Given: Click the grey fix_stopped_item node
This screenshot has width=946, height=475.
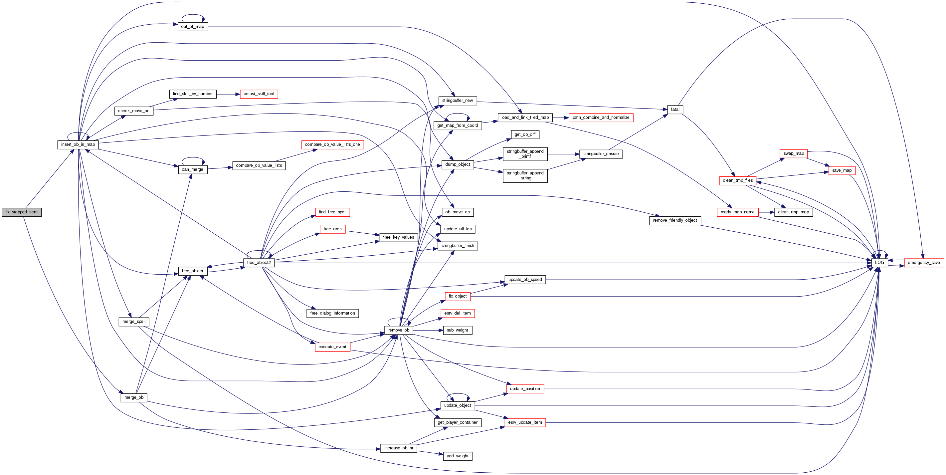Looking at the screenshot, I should (22, 212).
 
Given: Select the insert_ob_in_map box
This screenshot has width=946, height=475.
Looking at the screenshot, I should (78, 144).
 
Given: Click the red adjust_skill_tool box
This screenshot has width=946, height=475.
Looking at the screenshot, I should (259, 94).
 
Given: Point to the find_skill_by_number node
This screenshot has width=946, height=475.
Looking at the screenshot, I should (193, 94).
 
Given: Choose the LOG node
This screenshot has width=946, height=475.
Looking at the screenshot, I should (879, 263).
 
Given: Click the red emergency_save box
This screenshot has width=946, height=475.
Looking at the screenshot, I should (924, 263).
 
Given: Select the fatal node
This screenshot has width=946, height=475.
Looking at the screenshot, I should (675, 110).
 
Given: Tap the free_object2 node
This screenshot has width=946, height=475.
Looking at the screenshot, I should (259, 263).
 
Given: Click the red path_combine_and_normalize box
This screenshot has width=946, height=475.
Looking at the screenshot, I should (601, 118).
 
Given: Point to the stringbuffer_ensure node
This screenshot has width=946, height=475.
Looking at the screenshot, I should (601, 154).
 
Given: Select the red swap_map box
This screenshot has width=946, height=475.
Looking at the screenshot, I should (794, 153).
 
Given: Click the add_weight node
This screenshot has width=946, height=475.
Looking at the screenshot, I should (457, 456).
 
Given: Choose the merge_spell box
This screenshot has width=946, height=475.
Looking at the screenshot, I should (134, 322).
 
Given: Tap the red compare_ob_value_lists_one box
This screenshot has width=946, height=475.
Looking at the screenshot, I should (332, 145).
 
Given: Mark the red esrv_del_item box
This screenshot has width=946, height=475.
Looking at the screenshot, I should (457, 313).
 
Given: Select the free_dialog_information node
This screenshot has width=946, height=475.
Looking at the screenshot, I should (332, 313).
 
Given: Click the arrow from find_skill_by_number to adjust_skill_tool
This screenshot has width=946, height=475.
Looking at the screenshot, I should (228, 95).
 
